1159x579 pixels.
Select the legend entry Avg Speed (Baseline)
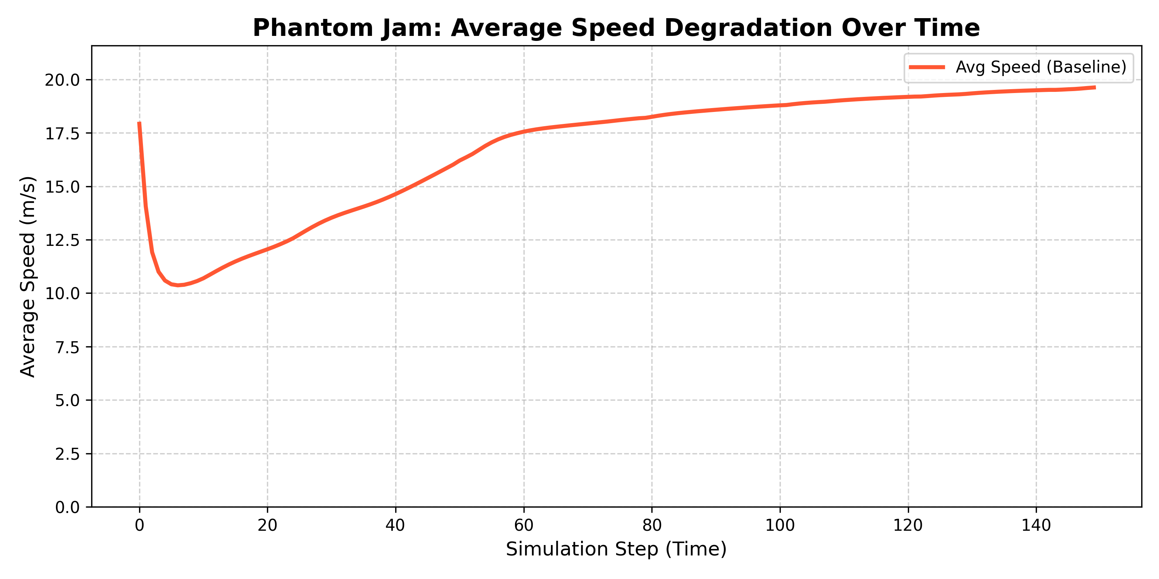coord(1041,68)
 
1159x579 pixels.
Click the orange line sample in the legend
coord(927,68)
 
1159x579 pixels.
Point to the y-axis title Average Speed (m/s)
coord(28,276)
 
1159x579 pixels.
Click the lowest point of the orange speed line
coord(178,285)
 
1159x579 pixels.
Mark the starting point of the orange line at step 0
coord(139,123)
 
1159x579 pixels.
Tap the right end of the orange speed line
coord(1094,88)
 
